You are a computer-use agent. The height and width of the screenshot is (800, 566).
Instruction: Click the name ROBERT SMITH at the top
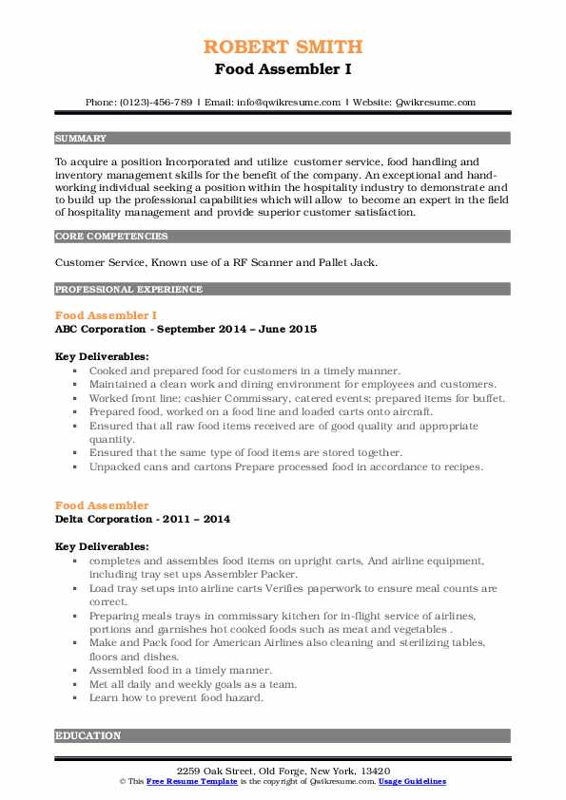tap(283, 47)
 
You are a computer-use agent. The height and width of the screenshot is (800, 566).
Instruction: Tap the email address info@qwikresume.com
tap(283, 102)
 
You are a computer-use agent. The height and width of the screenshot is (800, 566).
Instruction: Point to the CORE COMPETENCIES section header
tap(111, 236)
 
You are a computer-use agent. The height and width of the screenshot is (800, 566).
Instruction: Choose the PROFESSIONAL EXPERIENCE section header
tap(128, 289)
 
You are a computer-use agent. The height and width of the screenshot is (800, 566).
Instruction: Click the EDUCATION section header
tap(88, 734)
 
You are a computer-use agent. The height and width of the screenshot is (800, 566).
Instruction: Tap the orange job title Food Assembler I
tap(107, 314)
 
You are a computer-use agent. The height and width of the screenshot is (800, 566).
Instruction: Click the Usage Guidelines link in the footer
tap(412, 781)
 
